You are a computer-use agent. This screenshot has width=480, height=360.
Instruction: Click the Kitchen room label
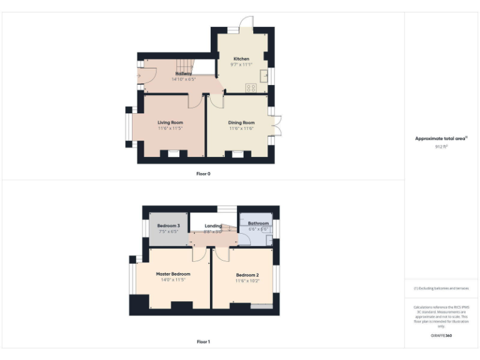click(241, 59)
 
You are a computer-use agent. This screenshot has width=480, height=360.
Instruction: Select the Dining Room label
click(241, 122)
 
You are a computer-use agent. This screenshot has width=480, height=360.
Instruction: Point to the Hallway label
click(183, 74)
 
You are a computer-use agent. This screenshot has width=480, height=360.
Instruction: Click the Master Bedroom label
click(173, 274)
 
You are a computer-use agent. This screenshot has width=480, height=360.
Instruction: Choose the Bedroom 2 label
click(247, 275)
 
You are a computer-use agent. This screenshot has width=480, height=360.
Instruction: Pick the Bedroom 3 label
click(169, 226)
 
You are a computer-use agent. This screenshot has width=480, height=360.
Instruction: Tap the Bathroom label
click(258, 223)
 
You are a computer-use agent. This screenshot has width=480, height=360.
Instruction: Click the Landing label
click(213, 226)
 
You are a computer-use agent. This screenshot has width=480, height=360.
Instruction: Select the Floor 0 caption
click(204, 174)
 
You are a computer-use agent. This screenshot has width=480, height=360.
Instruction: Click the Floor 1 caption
click(204, 342)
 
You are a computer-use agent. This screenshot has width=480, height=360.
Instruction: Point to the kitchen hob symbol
click(251, 88)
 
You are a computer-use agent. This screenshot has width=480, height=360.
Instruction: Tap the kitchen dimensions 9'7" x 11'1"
click(241, 65)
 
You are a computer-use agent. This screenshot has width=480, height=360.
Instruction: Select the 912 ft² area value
click(441, 146)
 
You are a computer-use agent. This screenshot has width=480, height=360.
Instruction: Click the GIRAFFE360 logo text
click(441, 336)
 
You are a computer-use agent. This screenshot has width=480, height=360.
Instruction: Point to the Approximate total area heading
click(441, 139)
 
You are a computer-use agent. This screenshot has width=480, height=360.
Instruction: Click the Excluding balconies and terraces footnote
click(441, 288)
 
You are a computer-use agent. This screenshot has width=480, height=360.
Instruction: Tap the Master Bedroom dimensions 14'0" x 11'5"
click(173, 280)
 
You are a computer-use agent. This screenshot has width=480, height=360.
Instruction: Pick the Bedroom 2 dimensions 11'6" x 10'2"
click(247, 281)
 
